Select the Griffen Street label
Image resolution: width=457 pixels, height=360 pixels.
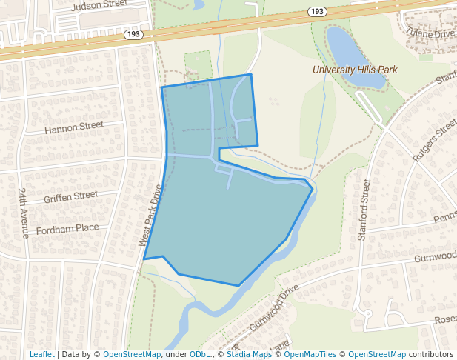pyautogui.click(x=70, y=196)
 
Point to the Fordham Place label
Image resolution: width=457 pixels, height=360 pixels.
pyautogui.click(x=67, y=228)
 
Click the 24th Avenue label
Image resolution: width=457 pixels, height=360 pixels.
pyautogui.click(x=23, y=212)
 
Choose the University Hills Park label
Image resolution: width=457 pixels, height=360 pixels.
pyautogui.click(x=355, y=70)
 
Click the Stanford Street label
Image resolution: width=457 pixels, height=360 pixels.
pyautogui.click(x=364, y=209)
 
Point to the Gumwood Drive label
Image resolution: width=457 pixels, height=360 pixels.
pyautogui.click(x=274, y=307)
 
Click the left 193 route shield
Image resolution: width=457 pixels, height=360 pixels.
pyautogui.click(x=134, y=34)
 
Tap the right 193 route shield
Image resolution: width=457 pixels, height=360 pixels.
pyautogui.click(x=317, y=12)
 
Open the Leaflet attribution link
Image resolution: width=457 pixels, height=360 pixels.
pyautogui.click(x=42, y=354)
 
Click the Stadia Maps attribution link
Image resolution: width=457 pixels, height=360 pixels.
pyautogui.click(x=248, y=354)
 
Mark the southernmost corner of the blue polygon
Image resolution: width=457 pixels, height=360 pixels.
pyautogui.click(x=238, y=285)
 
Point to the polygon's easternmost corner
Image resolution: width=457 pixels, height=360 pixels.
pyautogui.click(x=312, y=188)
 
